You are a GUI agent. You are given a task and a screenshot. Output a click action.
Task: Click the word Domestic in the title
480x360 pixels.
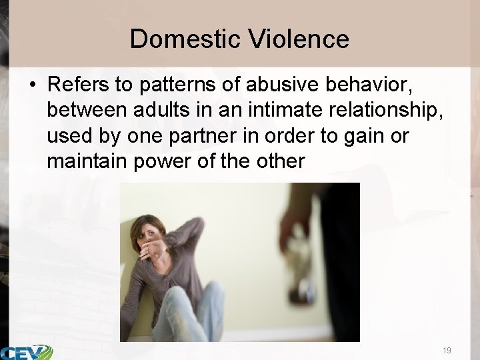[x=185, y=39]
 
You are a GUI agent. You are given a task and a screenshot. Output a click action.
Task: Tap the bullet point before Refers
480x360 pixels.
[x=32, y=86]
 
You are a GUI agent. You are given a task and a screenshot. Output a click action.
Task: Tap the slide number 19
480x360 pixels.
[x=446, y=350]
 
